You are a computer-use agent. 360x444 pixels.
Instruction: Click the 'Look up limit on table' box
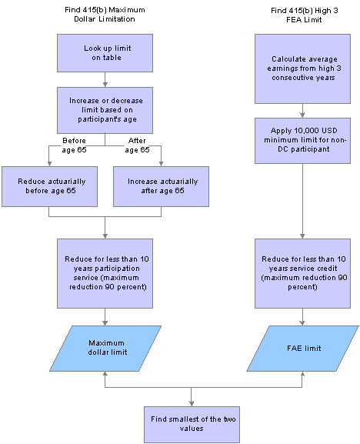coord(105,53)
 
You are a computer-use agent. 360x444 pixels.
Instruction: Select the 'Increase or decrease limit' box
coord(105,110)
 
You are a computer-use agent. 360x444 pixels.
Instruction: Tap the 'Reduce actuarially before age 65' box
coord(49,186)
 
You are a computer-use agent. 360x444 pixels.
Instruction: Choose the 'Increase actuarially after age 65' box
coord(161,186)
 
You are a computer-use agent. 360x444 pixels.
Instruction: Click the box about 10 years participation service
coord(105,273)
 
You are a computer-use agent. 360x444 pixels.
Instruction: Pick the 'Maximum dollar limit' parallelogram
coord(105,349)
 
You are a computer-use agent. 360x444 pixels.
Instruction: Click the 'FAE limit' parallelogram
coord(302,349)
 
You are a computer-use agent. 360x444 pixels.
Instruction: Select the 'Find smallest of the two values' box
coord(192,425)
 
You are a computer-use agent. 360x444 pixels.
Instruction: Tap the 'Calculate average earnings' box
coord(302,68)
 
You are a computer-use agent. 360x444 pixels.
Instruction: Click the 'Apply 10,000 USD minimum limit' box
coord(302,141)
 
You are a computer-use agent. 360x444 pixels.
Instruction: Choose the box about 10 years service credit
coord(302,273)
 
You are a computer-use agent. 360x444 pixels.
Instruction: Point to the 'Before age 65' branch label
coord(74,145)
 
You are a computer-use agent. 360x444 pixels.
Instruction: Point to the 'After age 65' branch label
coord(137,145)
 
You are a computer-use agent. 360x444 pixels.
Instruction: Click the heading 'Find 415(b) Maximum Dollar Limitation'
coord(105,15)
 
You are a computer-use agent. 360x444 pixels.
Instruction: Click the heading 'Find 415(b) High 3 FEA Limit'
coord(305,15)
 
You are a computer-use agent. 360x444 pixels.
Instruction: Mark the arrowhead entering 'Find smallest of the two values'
coord(192,404)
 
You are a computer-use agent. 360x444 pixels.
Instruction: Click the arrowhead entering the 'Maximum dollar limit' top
coord(105,323)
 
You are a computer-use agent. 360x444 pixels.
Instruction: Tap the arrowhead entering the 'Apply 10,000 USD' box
coord(302,115)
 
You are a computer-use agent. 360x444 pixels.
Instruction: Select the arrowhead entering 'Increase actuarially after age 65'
coord(161,164)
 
